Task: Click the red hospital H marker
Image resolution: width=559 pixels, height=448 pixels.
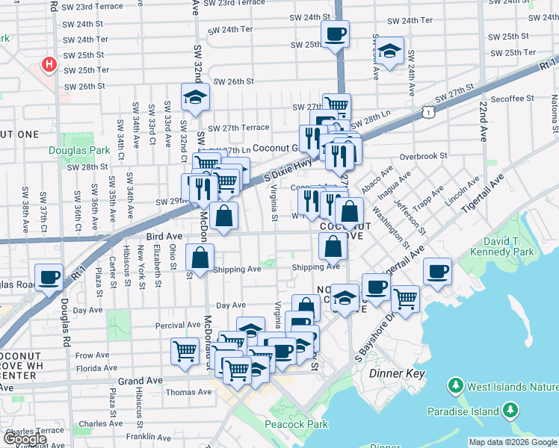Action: point(49,65)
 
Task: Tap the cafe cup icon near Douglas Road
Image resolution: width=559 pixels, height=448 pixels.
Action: point(49,277)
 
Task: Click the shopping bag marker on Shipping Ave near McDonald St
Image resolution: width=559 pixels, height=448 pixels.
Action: point(200,258)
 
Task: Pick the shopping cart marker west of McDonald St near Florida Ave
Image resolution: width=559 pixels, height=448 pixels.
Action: point(185,350)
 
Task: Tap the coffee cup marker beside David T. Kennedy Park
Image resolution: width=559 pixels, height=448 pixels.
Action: point(437,271)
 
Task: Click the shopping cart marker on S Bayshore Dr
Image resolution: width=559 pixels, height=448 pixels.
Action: point(405,298)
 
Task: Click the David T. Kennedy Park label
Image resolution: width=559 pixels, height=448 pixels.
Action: point(518,247)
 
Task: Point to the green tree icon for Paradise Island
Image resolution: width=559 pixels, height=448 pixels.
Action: point(510,410)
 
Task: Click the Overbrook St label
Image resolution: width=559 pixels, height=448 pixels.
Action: point(422,157)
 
